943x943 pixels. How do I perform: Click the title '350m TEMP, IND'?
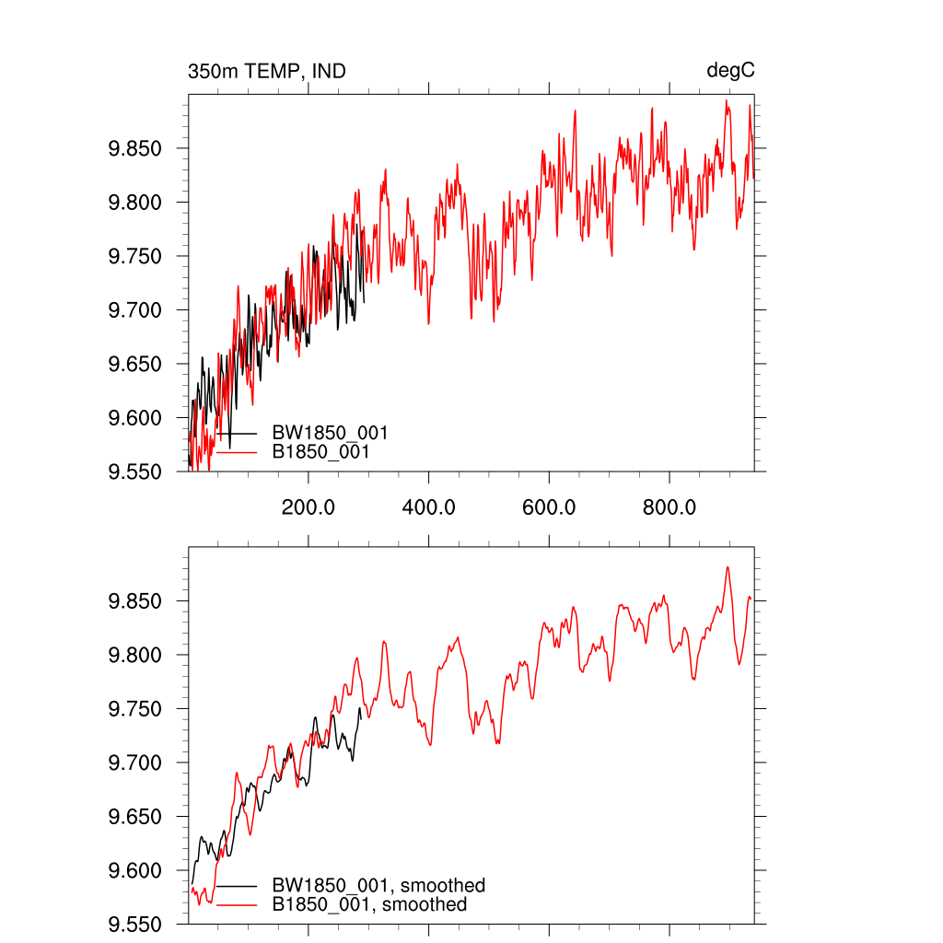pyautogui.click(x=267, y=71)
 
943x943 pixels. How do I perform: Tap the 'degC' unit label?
pyautogui.click(x=730, y=71)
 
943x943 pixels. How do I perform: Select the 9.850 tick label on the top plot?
pyautogui.click(x=136, y=149)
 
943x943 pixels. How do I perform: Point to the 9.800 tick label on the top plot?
pyautogui.click(x=136, y=203)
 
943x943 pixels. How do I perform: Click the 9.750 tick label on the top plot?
pyautogui.click(x=136, y=257)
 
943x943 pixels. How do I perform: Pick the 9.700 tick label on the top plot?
pyautogui.click(x=136, y=310)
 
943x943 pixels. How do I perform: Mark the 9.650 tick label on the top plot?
pyautogui.click(x=136, y=365)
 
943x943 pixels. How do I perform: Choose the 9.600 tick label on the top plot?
pyautogui.click(x=136, y=418)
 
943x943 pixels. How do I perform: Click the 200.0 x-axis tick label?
pyautogui.click(x=309, y=506)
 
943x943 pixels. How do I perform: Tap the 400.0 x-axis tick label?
pyautogui.click(x=429, y=506)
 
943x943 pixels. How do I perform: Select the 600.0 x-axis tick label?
pyautogui.click(x=549, y=506)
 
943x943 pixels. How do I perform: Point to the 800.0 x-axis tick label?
pyautogui.click(x=669, y=506)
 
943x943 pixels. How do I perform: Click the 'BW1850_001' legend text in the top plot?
pyautogui.click(x=330, y=433)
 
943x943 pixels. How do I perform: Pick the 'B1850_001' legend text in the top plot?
pyautogui.click(x=321, y=452)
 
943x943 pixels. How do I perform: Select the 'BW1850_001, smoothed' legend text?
pyautogui.click(x=378, y=886)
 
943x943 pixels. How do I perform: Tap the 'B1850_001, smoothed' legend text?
pyautogui.click(x=370, y=905)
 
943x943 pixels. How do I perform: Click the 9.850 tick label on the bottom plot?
pyautogui.click(x=136, y=602)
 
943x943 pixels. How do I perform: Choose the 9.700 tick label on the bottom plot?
pyautogui.click(x=136, y=763)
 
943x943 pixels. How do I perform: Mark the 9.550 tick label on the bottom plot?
pyautogui.click(x=136, y=925)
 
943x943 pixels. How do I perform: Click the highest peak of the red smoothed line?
pyautogui.click(x=728, y=567)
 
